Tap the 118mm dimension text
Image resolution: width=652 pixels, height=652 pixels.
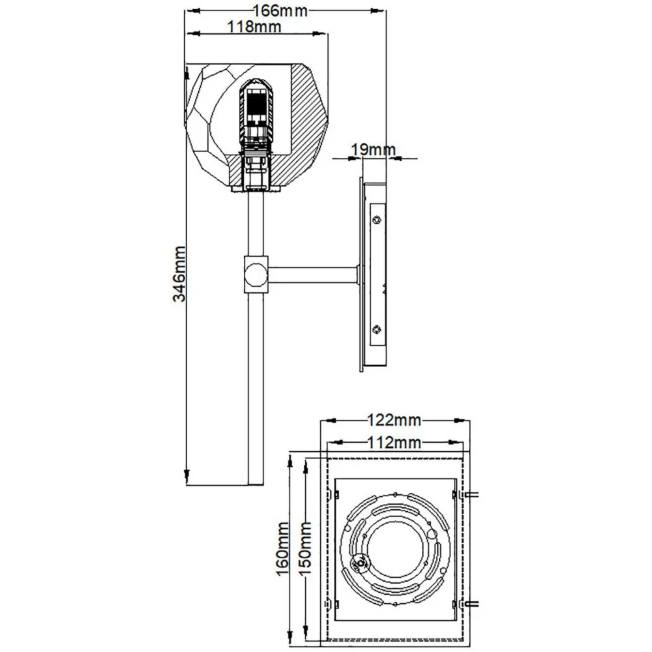254,27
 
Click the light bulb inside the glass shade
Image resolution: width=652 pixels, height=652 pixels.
256,114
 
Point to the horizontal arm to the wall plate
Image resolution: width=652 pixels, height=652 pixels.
313,274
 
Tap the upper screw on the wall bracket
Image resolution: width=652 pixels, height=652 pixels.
376,220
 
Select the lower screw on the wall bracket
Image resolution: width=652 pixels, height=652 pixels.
376,329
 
